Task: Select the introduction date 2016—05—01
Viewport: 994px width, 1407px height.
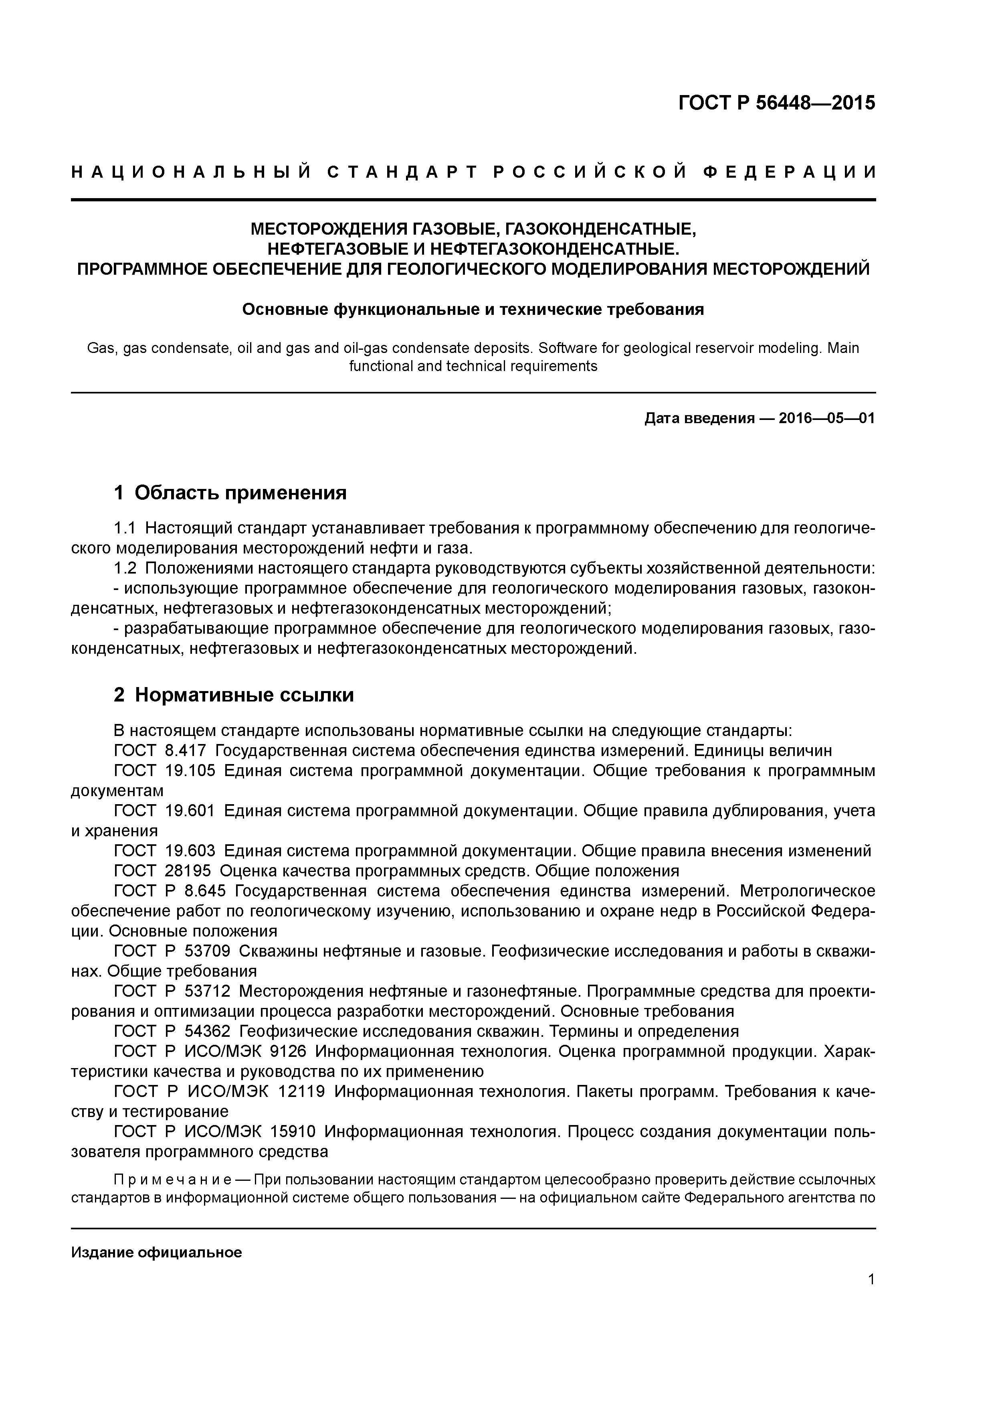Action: pos(826,419)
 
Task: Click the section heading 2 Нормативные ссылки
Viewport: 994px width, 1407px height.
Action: pos(234,695)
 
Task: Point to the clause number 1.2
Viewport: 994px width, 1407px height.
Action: pos(125,568)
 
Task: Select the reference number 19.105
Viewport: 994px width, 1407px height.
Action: pos(190,771)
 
